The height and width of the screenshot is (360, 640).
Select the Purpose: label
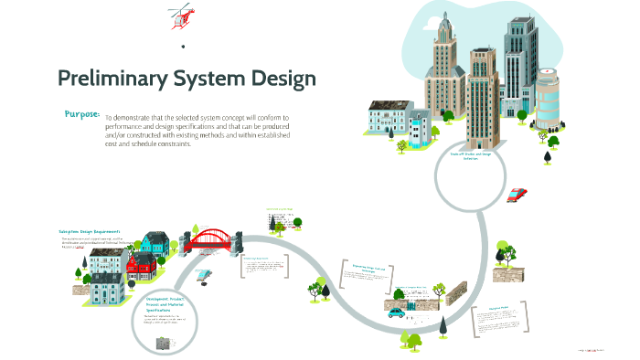pyautogui.click(x=82, y=114)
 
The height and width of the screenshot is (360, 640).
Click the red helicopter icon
pyautogui.click(x=181, y=16)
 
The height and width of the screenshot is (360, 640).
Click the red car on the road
pyautogui.click(x=517, y=194)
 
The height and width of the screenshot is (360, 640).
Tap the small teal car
pyautogui.click(x=397, y=311)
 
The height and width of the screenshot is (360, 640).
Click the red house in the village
pyautogui.click(x=141, y=265)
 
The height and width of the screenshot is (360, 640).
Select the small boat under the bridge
pyautogui.click(x=206, y=273)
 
